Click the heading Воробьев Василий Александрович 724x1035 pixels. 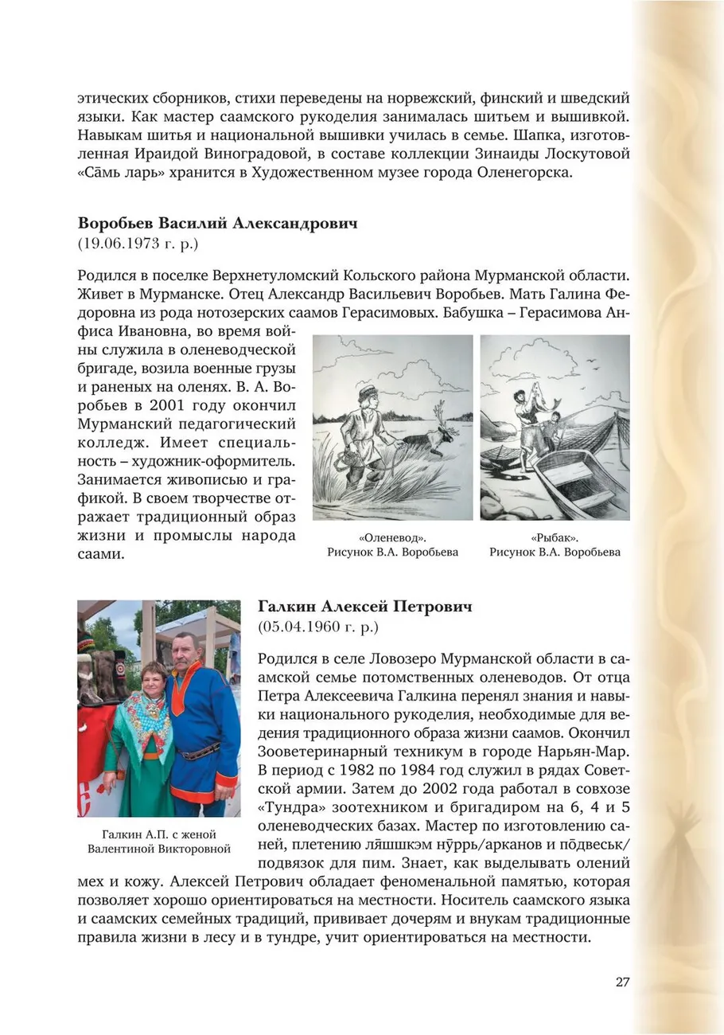pyautogui.click(x=217, y=223)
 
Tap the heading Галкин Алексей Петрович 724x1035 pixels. pyautogui.click(x=364, y=607)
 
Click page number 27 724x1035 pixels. pyautogui.click(x=622, y=981)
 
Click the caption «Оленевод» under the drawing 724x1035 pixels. pyautogui.click(x=392, y=537)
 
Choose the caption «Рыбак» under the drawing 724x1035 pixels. pyautogui.click(x=554, y=537)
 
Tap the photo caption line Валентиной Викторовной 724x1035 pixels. pyautogui.click(x=158, y=848)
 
